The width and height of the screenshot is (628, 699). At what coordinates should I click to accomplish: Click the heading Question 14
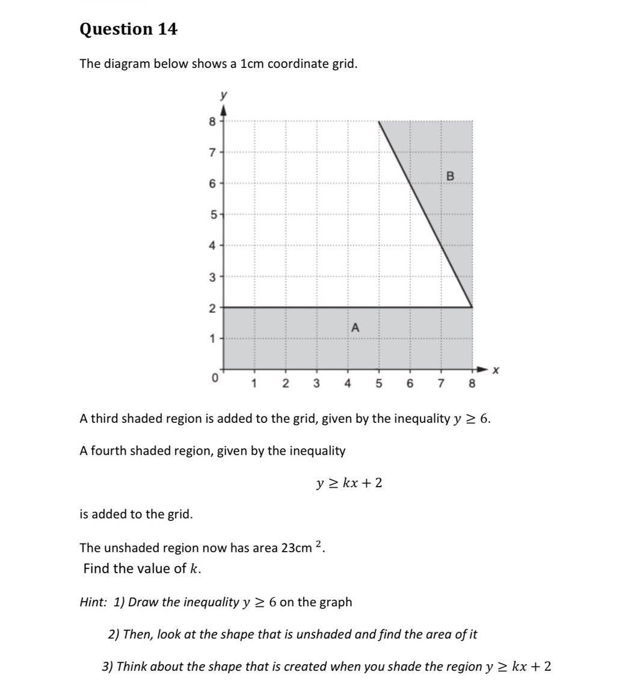(128, 29)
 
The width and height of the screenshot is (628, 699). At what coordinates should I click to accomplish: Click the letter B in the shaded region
(450, 176)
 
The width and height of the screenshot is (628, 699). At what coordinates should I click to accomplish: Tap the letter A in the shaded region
(355, 328)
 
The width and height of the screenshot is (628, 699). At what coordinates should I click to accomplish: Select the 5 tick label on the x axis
(379, 383)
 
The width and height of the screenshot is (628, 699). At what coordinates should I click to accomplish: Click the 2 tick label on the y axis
(212, 308)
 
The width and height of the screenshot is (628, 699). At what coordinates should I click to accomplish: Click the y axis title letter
(224, 95)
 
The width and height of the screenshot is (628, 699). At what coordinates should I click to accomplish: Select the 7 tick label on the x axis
(441, 383)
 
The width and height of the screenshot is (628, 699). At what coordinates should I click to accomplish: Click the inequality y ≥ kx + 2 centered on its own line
(349, 483)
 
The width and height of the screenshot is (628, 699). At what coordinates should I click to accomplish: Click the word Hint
(93, 602)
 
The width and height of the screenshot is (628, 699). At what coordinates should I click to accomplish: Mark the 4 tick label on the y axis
(212, 245)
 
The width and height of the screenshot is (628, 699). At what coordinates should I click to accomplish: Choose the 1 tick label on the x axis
(254, 383)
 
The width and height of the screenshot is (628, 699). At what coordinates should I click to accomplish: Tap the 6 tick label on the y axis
(212, 183)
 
